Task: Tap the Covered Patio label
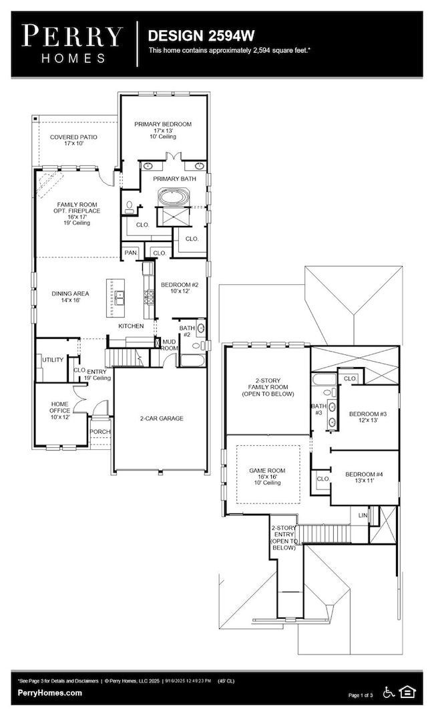tap(73, 140)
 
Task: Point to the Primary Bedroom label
tap(162, 128)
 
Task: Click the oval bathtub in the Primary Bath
tap(173, 199)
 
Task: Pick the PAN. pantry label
tap(130, 253)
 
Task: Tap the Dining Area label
tap(70, 297)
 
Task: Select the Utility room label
tap(53, 360)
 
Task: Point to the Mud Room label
tap(169, 345)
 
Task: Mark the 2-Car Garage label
tap(162, 419)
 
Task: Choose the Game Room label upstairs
tap(267, 474)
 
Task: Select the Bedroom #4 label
tap(363, 479)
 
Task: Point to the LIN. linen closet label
tap(363, 515)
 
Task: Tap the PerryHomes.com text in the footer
tap(51, 693)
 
